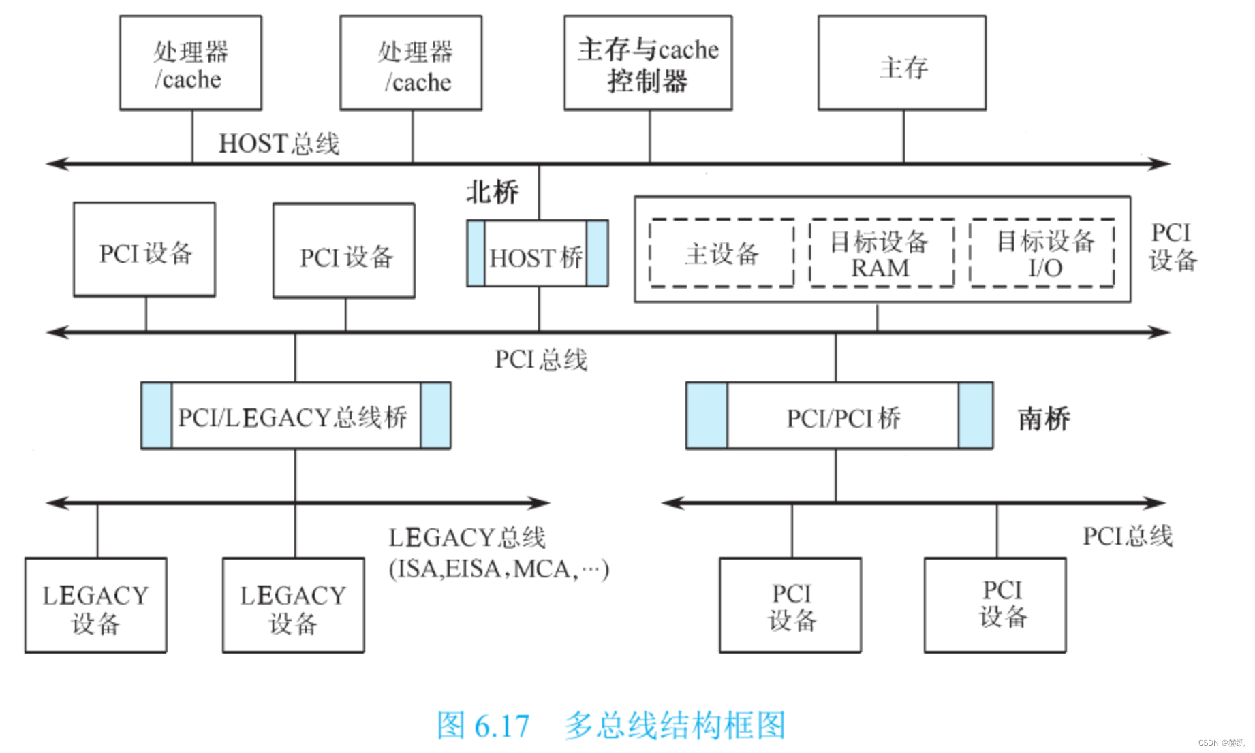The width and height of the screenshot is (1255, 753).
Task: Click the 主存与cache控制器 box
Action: click(x=648, y=63)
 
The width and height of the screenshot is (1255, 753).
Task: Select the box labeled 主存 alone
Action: click(x=902, y=63)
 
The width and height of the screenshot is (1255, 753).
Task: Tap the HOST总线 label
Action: click(x=279, y=144)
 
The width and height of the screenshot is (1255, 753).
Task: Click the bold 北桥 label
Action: click(x=492, y=192)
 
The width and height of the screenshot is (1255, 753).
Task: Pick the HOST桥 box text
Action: click(x=536, y=258)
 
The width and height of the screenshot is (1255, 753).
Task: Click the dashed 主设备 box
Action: click(x=722, y=253)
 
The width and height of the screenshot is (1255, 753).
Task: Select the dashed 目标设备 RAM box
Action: click(x=880, y=253)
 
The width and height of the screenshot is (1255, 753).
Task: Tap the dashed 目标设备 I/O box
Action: click(x=1042, y=253)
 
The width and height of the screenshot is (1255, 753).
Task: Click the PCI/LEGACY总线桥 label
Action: click(x=293, y=417)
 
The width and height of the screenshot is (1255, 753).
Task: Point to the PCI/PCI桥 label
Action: click(x=843, y=417)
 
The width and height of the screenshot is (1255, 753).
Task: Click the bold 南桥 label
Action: click(x=1044, y=418)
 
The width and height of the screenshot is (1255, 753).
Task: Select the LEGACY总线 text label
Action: click(x=467, y=538)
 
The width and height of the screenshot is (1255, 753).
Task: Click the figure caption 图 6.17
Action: click(x=482, y=726)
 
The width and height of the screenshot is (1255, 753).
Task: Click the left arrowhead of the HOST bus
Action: click(x=55, y=163)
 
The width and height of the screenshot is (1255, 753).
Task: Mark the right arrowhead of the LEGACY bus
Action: click(x=542, y=503)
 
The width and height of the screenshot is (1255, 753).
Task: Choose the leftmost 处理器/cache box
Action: click(x=190, y=63)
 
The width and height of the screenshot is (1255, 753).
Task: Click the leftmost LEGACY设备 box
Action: click(x=95, y=605)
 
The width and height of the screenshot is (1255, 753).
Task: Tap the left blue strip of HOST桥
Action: click(x=476, y=253)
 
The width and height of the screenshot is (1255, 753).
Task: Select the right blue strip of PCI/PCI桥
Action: click(x=975, y=415)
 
